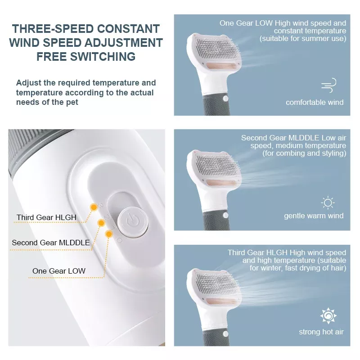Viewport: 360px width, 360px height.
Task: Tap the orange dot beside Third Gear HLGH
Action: (94, 207)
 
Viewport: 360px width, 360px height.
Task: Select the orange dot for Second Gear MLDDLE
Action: (102, 223)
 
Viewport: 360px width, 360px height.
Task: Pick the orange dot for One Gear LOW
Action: (109, 234)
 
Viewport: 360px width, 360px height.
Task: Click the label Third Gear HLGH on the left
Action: (46, 218)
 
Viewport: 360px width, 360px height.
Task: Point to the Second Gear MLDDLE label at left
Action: (51, 243)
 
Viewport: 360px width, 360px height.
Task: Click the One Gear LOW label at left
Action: (59, 271)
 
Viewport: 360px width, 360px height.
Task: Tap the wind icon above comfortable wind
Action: (328, 85)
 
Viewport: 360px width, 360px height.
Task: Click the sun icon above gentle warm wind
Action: (328, 202)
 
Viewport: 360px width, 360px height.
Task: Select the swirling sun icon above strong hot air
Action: (328, 316)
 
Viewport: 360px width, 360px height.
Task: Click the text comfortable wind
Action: (315, 103)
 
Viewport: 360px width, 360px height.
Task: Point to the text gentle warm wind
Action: (314, 216)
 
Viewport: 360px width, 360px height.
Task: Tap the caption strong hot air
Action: (321, 332)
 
